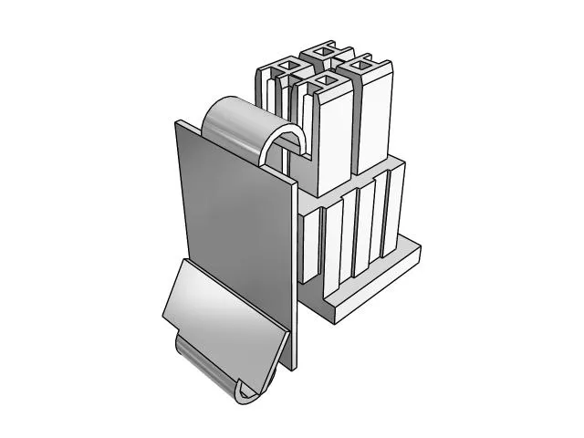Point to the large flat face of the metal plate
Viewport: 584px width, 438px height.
tap(228, 219)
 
